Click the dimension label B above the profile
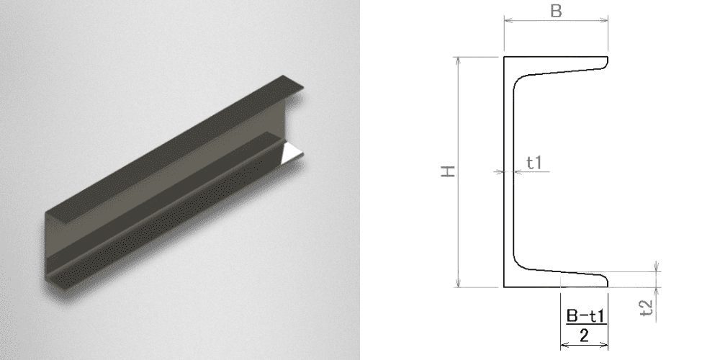point(556,11)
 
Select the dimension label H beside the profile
point(448,171)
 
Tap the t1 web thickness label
point(534,163)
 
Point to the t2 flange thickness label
point(647,307)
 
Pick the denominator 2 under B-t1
point(584,336)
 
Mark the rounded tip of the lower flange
point(606,281)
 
